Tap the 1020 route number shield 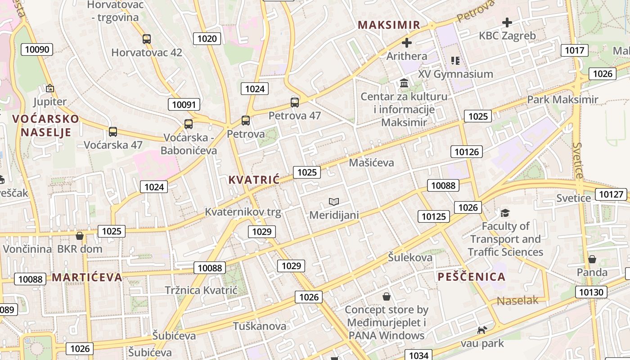click(207, 38)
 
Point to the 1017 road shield click(574, 50)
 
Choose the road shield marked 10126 click(467, 152)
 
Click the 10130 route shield click(591, 292)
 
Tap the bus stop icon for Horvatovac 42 click(147, 39)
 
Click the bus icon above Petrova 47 click(295, 103)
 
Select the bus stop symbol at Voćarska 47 click(113, 132)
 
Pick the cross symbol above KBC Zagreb click(507, 22)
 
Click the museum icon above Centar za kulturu click(404, 83)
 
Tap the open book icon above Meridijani click(334, 202)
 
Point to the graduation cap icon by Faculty click(505, 212)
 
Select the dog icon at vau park click(482, 330)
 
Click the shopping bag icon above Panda click(592, 259)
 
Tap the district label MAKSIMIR click(389, 25)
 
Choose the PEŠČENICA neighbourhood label click(472, 277)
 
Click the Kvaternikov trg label click(243, 212)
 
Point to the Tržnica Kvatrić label click(201, 290)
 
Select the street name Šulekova click(410, 257)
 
